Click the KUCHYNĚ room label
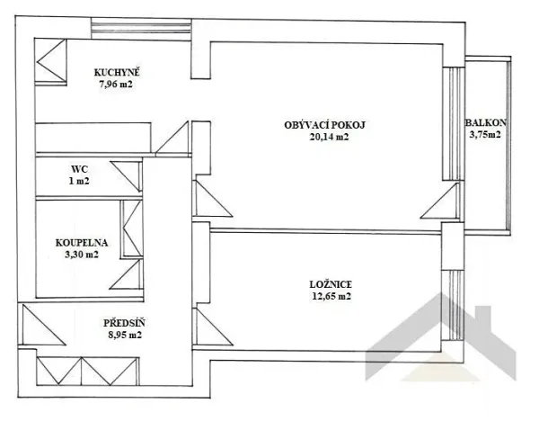[x=119, y=73]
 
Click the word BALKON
[x=484, y=123]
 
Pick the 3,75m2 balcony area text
[x=484, y=136]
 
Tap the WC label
[x=81, y=167]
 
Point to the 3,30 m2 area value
[x=81, y=255]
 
